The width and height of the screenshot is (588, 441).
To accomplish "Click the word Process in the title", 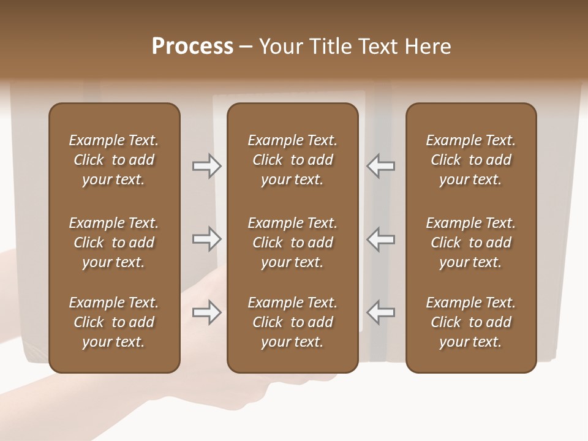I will (192, 47).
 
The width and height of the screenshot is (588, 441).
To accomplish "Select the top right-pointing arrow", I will (206, 166).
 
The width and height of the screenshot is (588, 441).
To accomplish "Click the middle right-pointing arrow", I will (206, 239).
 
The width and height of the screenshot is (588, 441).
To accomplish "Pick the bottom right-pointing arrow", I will (206, 313).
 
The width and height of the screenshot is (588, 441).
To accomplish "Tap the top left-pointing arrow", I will (380, 166).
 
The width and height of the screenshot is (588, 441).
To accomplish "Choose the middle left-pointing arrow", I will (380, 239).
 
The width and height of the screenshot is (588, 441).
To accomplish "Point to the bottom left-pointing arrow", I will (380, 313).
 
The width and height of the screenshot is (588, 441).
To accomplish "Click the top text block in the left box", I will (114, 160).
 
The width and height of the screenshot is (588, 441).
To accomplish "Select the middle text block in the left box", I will (114, 243).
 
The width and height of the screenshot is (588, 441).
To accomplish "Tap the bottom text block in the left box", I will (114, 322).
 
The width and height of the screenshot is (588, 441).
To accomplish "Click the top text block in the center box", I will (292, 160).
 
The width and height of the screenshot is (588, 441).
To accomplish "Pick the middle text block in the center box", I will (292, 243).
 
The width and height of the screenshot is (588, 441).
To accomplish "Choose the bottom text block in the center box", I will (292, 322).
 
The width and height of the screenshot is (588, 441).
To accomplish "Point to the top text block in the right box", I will (471, 160).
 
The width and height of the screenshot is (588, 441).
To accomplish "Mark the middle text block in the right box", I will (471, 243).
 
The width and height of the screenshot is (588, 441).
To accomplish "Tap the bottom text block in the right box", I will (471, 322).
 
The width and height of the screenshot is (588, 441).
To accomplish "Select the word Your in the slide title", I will (279, 47).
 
